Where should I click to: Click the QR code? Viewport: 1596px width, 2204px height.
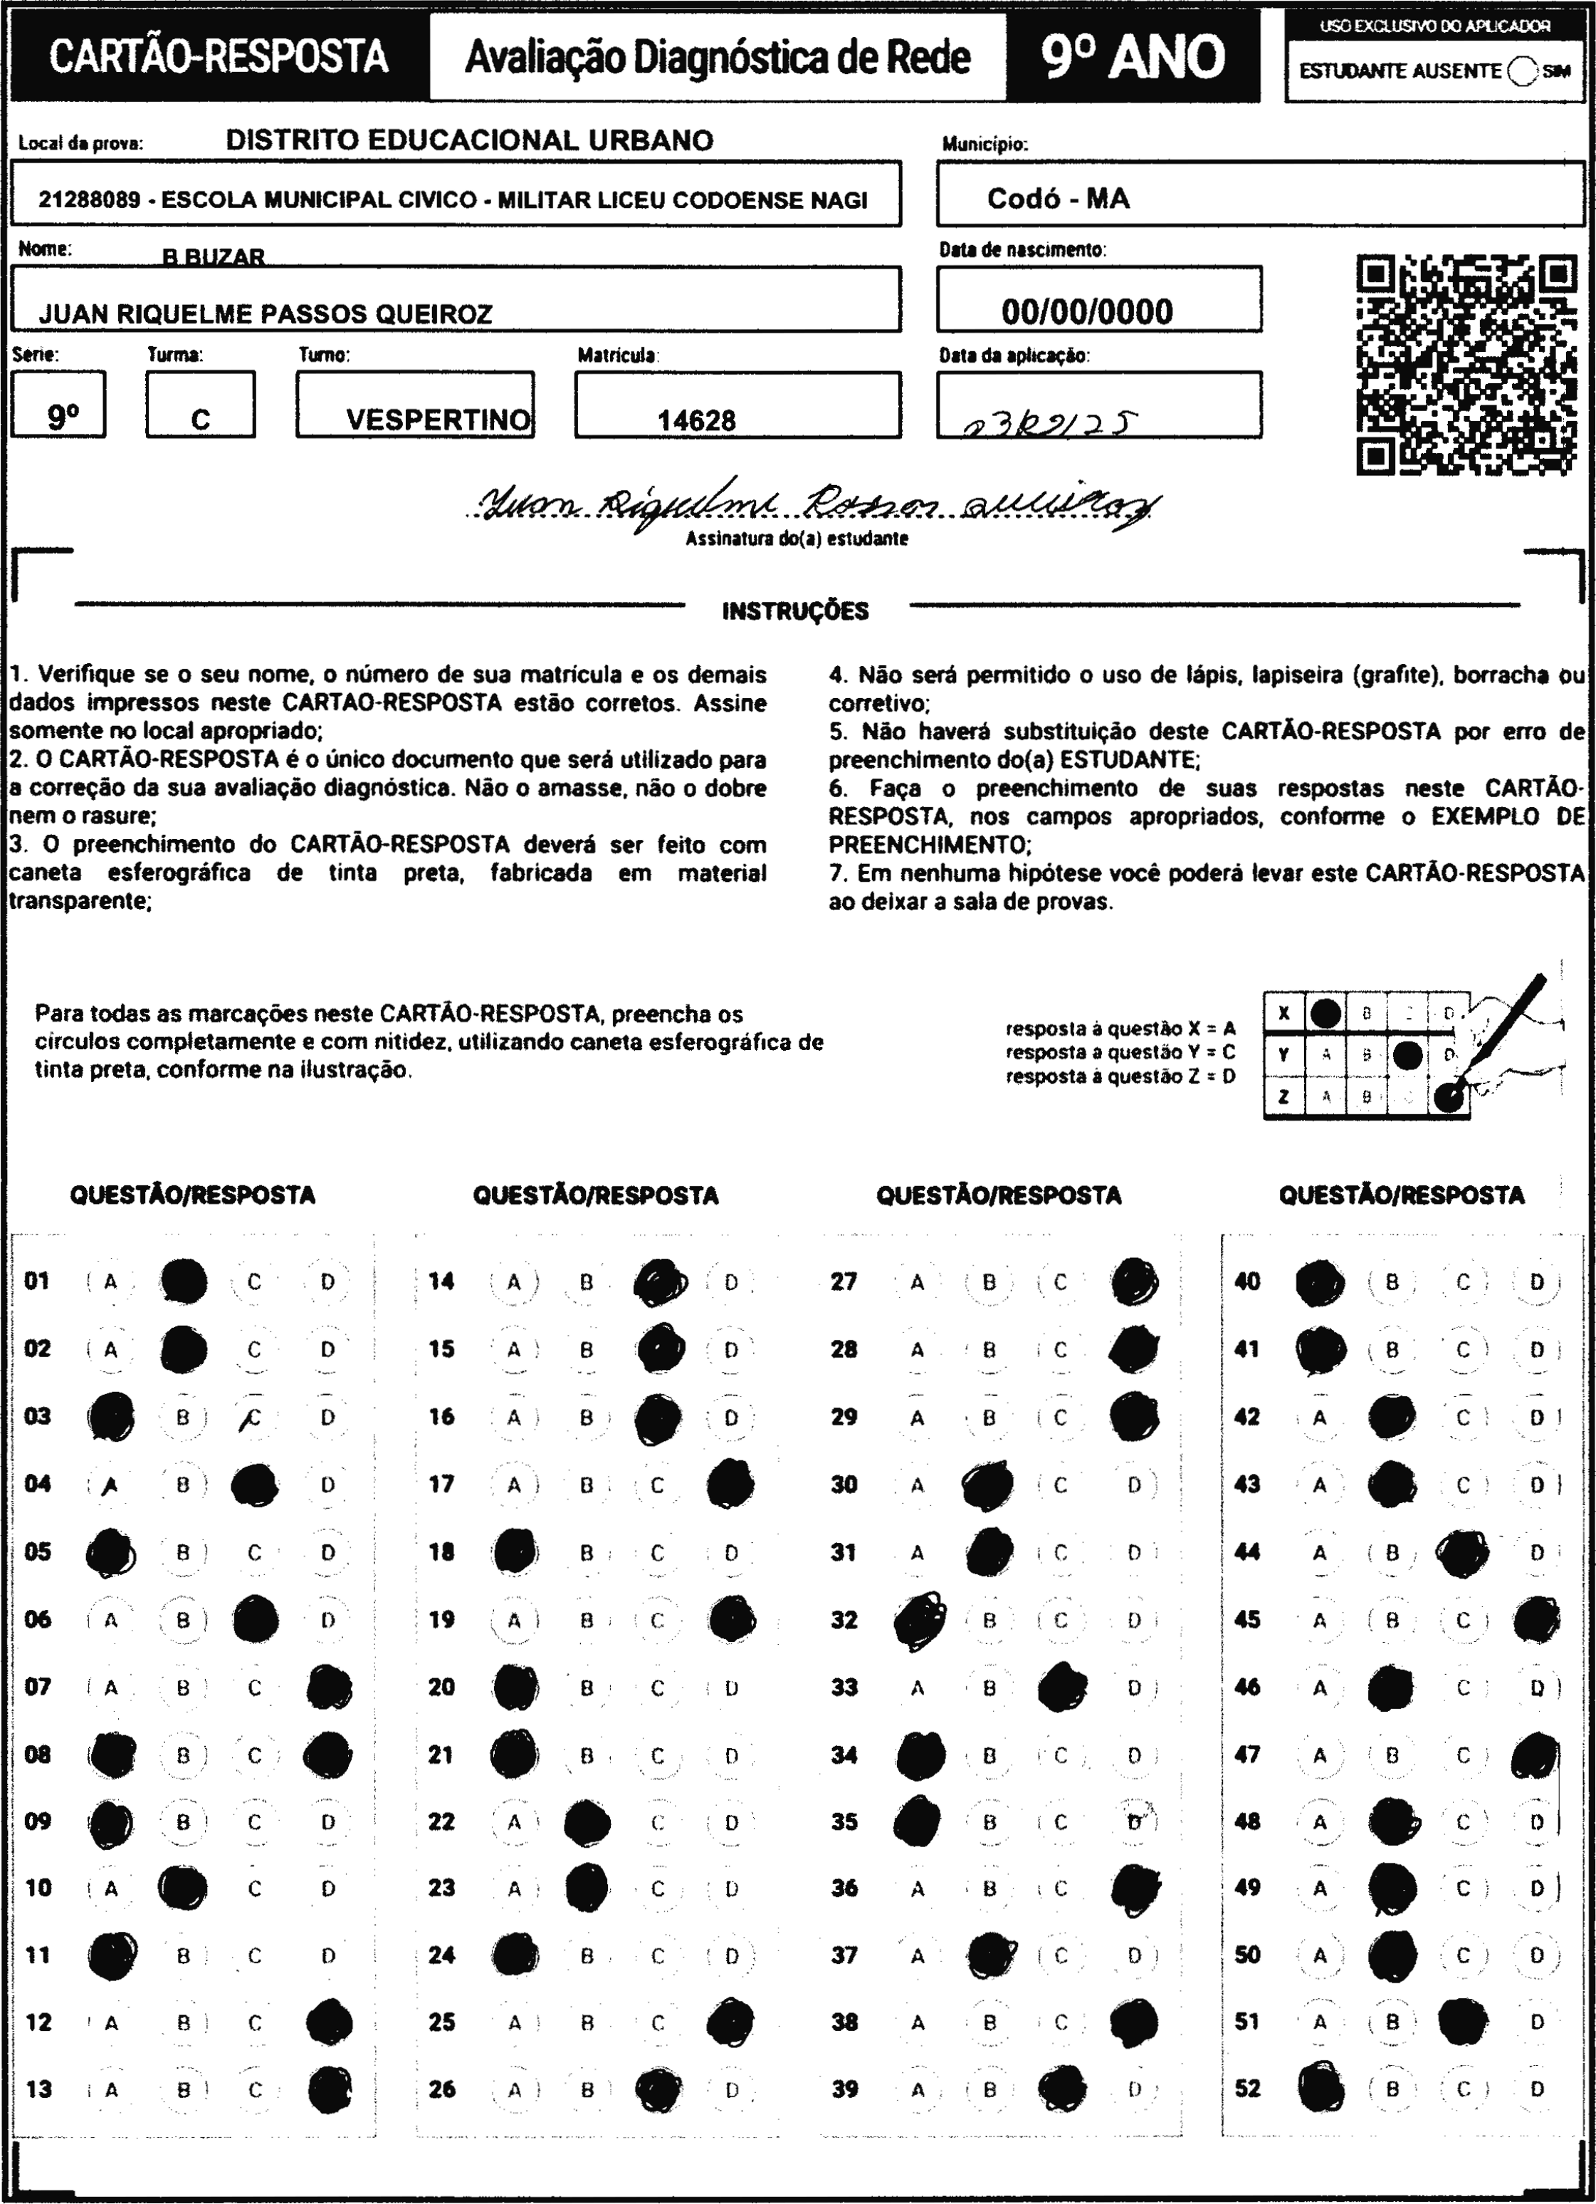click(x=1466, y=365)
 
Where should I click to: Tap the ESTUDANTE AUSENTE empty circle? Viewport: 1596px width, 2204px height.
click(x=1524, y=71)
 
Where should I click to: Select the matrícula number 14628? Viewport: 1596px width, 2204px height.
click(x=696, y=421)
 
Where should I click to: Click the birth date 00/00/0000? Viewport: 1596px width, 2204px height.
click(x=1087, y=312)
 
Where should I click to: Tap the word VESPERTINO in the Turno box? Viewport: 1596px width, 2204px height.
click(x=438, y=420)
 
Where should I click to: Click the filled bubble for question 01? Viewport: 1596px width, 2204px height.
click(x=184, y=1281)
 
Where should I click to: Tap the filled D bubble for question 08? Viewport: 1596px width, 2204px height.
click(x=327, y=1754)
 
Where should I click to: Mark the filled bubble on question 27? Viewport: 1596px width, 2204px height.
click(x=1133, y=1281)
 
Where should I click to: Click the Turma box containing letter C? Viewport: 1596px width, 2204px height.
click(x=201, y=405)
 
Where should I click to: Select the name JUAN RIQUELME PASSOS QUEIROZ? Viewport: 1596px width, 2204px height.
click(x=266, y=314)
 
